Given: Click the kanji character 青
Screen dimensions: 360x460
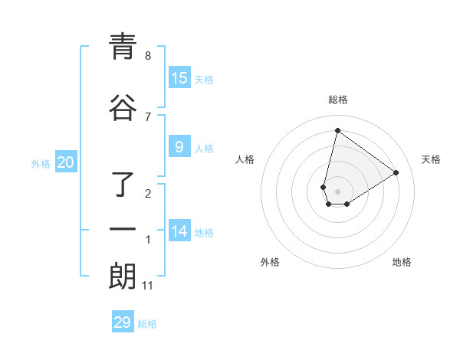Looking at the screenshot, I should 122,47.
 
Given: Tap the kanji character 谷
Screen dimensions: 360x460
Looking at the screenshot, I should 122,108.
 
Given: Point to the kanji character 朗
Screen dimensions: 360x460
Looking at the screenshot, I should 122,276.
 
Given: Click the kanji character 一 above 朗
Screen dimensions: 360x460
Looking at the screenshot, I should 122,230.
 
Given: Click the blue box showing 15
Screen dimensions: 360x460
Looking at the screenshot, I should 179,78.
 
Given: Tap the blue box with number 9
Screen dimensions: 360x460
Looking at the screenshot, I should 179,147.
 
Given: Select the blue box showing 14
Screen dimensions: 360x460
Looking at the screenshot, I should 179,231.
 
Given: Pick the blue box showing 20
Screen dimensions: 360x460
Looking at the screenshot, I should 66,162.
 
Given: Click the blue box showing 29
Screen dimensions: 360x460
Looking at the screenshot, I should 123,322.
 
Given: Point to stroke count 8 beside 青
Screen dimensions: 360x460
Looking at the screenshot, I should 148,56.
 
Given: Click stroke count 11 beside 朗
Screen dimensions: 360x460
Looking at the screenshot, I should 149,286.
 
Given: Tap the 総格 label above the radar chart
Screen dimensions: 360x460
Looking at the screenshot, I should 337,100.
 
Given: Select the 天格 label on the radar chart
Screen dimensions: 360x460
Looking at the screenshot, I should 431,159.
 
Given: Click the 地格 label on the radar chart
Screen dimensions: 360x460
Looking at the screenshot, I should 402,262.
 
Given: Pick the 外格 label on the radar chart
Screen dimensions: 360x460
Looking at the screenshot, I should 270,262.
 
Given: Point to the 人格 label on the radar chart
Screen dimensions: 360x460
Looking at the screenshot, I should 245,159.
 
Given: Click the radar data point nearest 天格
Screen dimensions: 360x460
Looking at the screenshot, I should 396,172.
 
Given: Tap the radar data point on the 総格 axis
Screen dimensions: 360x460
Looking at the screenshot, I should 337,130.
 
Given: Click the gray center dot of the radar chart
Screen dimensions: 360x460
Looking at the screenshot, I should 337,191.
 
